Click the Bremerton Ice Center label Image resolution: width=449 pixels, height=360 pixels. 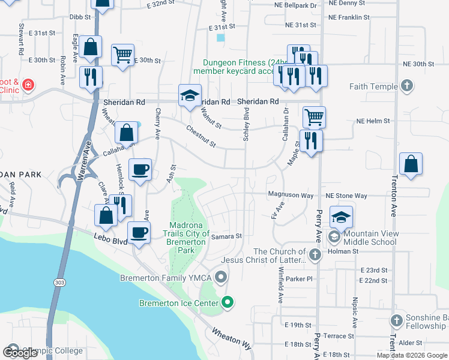(x=179, y=303)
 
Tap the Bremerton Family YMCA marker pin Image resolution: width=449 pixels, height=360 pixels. (x=221, y=277)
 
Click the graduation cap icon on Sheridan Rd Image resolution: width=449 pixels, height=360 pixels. (x=189, y=96)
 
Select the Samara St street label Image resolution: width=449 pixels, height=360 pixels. (x=226, y=237)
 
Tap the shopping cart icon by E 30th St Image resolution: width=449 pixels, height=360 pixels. (x=122, y=55)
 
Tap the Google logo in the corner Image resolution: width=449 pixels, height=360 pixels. (x=20, y=352)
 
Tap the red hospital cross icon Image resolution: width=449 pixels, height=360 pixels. (x=28, y=86)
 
